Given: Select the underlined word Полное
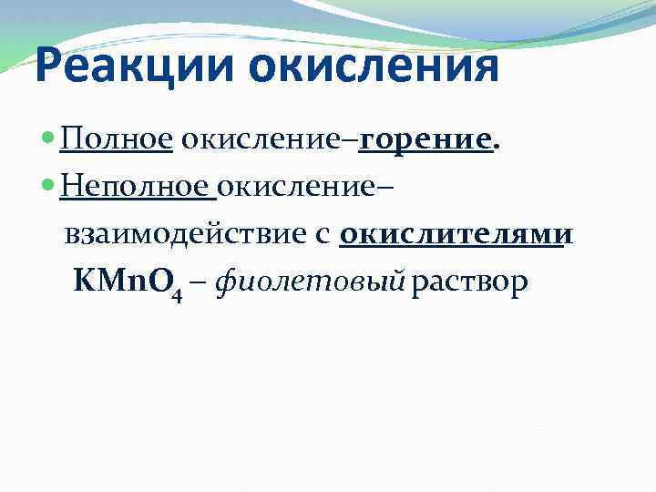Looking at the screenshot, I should point(117,141).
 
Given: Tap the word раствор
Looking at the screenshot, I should point(469,284).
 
